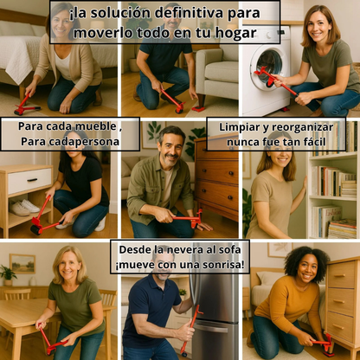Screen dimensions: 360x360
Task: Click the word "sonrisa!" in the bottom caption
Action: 223,264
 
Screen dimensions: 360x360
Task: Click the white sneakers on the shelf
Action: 24,207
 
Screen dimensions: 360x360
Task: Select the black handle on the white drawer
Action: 32,180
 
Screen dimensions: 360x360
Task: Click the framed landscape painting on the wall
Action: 22,263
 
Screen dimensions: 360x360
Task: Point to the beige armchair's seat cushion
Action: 222,72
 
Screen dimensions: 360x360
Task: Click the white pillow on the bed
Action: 17,29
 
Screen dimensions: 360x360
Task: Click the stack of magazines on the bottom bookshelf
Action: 343,228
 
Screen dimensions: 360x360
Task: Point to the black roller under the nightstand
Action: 35,230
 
